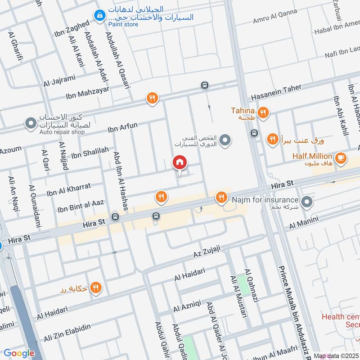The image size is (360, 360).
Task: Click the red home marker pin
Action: [x=180, y=162]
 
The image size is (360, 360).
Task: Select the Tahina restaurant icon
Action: [x=264, y=113]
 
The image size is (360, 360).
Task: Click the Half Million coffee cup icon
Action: [x=341, y=157]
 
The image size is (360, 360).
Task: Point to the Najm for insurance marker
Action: [x=307, y=202]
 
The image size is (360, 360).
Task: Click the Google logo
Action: [x=19, y=353]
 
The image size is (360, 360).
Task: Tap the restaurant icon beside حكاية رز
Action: [x=95, y=288]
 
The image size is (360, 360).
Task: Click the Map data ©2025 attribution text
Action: [x=336, y=355]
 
